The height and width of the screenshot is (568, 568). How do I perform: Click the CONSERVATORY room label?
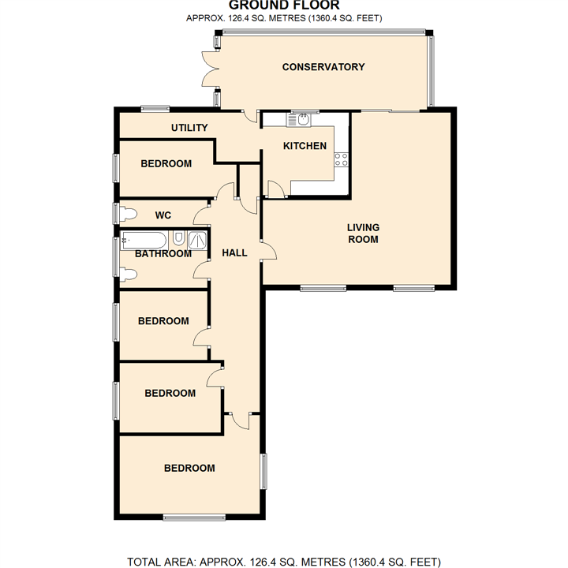tap(323, 67)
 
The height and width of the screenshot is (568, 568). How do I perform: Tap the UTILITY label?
tap(189, 128)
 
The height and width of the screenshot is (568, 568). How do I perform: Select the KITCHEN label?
tap(305, 146)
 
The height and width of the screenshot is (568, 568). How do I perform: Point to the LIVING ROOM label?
tap(363, 234)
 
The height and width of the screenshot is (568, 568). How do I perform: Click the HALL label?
tap(234, 253)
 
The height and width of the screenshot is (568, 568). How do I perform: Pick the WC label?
tap(163, 215)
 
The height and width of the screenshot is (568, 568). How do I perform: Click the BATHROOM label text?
tap(163, 253)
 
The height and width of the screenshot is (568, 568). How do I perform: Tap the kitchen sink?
tap(299, 119)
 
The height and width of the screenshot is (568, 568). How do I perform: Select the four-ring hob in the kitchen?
tap(341, 159)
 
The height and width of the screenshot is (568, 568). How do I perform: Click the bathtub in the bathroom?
tap(144, 240)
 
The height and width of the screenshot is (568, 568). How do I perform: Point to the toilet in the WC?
tap(128, 214)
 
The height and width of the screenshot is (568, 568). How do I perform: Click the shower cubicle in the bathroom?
tap(197, 240)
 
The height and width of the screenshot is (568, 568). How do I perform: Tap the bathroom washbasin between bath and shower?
tap(177, 238)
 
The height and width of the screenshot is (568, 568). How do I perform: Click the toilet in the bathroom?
tap(128, 275)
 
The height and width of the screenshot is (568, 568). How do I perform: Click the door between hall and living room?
tap(269, 250)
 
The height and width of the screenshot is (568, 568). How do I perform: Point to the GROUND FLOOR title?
tap(284, 5)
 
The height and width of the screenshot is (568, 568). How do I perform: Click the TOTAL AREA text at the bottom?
tap(284, 562)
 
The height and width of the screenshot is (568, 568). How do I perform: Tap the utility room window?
tap(155, 108)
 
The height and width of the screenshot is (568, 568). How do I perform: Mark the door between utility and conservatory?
tap(250, 116)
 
